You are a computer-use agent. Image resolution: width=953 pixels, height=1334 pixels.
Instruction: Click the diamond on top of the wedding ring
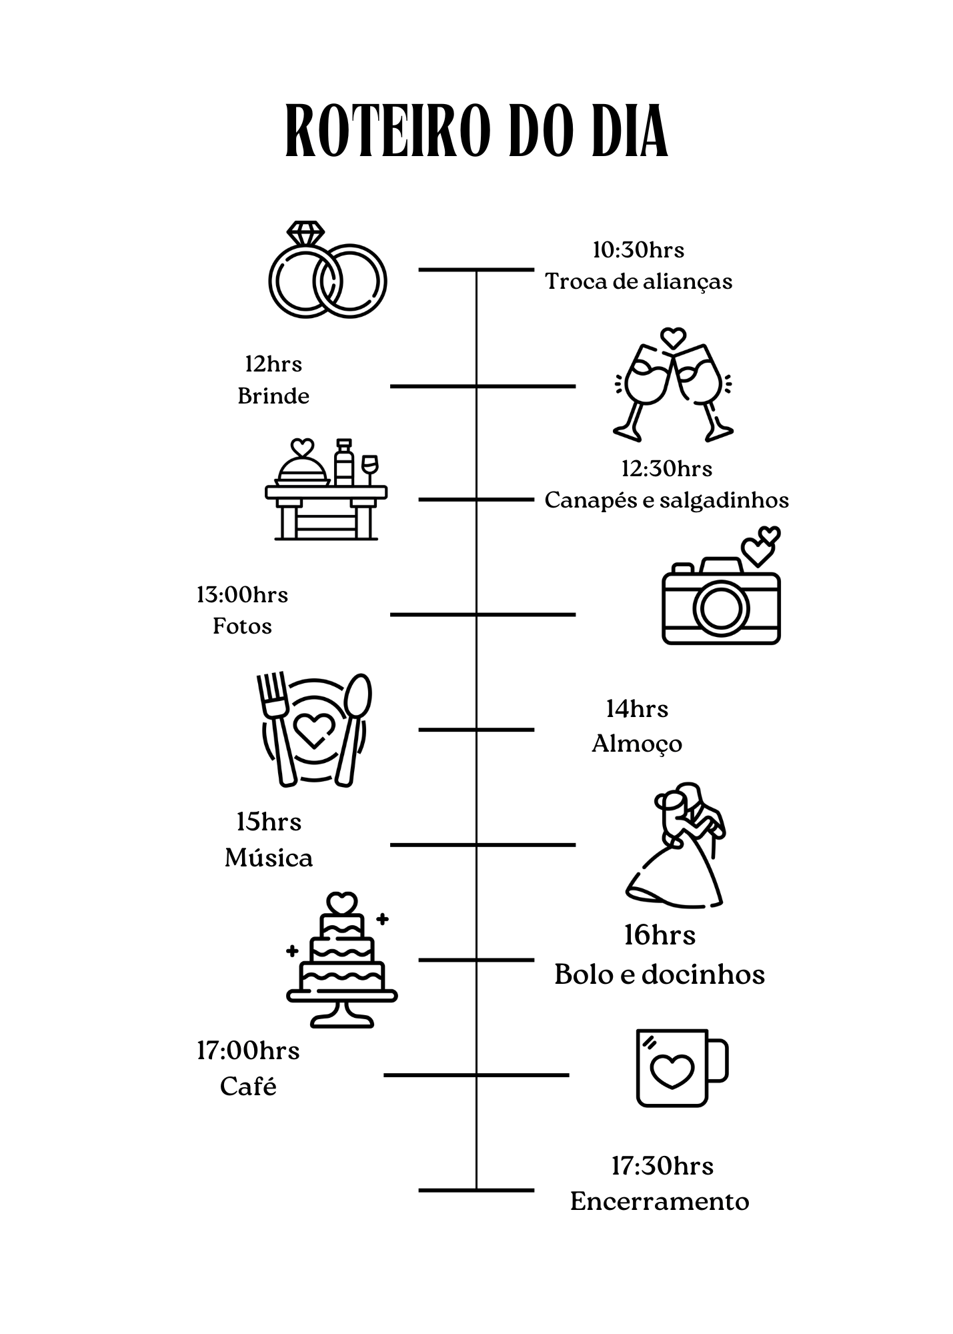pos(305,233)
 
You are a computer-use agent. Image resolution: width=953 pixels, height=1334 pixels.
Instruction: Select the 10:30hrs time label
pos(638,250)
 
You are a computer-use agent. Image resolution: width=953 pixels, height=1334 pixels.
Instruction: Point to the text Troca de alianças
pos(638,281)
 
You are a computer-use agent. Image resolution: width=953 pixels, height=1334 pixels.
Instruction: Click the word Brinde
pos(273,396)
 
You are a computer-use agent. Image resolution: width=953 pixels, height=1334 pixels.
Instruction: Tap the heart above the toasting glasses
pos(673,337)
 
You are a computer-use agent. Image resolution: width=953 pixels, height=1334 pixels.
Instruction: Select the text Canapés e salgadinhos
pos(666,500)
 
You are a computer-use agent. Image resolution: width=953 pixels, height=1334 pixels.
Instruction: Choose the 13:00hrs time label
pos(242,594)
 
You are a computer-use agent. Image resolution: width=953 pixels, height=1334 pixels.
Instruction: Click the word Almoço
pos(637,744)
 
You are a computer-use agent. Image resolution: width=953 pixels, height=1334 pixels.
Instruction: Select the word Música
pos(269,858)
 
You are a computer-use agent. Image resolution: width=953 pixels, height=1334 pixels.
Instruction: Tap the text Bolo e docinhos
pos(659,974)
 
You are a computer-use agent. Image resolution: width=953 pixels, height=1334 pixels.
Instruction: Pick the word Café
pos(248,1087)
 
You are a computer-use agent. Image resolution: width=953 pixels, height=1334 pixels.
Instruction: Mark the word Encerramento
pos(660,1201)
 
